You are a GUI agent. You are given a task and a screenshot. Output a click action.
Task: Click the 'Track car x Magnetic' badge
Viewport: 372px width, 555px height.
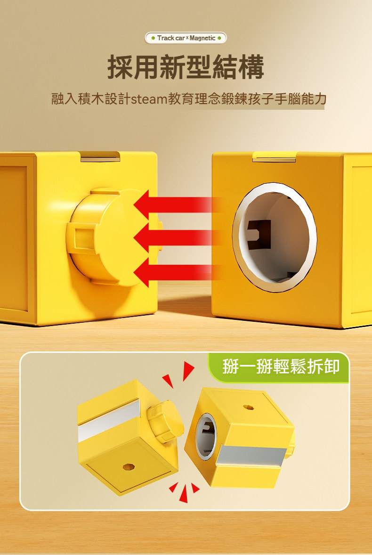tap(186, 38)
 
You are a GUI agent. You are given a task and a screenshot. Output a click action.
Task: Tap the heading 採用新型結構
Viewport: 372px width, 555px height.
tap(186, 67)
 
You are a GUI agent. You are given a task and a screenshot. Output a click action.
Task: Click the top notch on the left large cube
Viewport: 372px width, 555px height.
tap(100, 156)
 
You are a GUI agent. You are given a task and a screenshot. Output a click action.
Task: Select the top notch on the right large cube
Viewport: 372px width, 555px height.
tap(274, 156)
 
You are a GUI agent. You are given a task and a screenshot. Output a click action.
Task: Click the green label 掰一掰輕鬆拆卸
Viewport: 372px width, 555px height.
tap(281, 367)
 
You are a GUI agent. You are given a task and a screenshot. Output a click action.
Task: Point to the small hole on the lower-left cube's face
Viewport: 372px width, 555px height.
tap(127, 466)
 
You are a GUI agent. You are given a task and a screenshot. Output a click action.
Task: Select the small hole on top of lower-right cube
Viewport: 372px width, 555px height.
tap(247, 406)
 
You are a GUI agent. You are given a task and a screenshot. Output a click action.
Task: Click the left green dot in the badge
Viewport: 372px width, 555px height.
tap(153, 38)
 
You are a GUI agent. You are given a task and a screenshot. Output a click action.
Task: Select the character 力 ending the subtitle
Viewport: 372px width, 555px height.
tap(320, 100)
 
